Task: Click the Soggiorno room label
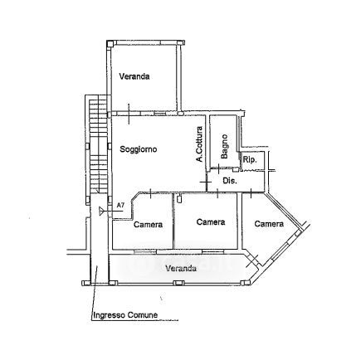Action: pos(139,149)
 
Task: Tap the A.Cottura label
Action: pos(199,144)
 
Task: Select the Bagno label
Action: pos(224,146)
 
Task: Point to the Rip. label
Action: pos(250,160)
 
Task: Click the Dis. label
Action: pos(230,181)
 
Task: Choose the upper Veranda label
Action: pos(134,76)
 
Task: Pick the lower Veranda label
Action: pos(181,268)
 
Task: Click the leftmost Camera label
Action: pos(148,224)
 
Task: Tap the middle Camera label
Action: pos(211,222)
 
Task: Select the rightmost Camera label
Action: pos(269,224)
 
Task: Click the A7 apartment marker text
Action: pos(120,205)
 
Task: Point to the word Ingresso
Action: pos(109,315)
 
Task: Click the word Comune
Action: pos(143,315)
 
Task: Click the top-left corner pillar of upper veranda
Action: pos(110,43)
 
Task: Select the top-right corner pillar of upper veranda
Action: pos(181,42)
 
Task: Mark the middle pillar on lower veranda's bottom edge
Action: pos(178,283)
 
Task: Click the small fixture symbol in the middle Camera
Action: pos(179,198)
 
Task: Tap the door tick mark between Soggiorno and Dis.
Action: pos(206,182)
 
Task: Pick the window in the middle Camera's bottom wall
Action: pos(212,251)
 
